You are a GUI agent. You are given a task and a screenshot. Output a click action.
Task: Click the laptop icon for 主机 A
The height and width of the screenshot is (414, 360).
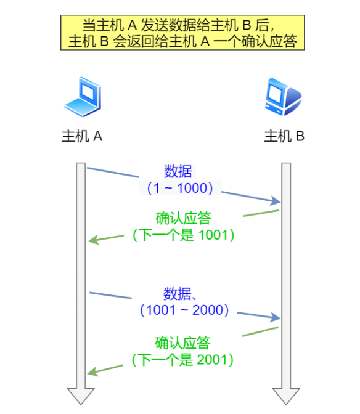click(x=83, y=97)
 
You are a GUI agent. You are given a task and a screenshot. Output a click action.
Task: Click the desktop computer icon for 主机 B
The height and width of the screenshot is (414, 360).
click(x=284, y=97)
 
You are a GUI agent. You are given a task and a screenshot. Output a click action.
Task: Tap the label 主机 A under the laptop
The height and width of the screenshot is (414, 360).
click(x=82, y=137)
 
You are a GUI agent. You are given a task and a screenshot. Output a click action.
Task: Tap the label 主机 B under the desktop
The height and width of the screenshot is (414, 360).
click(x=284, y=137)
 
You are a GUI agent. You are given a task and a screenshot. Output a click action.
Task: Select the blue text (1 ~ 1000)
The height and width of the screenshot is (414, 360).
click(x=180, y=189)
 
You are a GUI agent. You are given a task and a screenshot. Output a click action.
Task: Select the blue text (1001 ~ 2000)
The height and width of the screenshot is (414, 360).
click(x=184, y=310)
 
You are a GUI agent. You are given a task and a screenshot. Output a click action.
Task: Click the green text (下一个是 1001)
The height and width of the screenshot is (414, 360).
click(x=183, y=235)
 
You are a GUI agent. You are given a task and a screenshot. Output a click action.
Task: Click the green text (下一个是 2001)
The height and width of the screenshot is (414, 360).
click(x=182, y=360)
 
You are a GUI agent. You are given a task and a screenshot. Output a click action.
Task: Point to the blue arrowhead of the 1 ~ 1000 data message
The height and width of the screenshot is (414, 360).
click(x=275, y=201)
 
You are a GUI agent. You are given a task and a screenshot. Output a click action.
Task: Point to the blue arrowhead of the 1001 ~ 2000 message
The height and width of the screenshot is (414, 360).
click(x=275, y=317)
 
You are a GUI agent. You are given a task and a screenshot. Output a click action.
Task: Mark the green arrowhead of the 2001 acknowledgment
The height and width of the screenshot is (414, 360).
click(x=92, y=371)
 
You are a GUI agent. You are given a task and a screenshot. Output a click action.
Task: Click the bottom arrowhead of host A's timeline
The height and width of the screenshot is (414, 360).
click(x=81, y=396)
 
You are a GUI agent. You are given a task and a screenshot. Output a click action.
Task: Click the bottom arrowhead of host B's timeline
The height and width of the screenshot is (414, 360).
click(x=286, y=396)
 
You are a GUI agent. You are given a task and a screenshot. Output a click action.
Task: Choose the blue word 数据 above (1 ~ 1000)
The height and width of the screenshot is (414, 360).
click(x=178, y=172)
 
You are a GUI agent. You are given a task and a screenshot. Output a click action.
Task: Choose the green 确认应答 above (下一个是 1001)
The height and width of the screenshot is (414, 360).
click(x=184, y=218)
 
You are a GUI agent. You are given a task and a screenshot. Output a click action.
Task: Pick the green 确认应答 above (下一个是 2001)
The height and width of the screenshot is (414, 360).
click(x=182, y=343)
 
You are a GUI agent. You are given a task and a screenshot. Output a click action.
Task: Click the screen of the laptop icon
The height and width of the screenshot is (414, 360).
click(x=88, y=91)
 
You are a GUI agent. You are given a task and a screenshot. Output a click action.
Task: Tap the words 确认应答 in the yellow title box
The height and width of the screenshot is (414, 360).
click(x=269, y=41)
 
